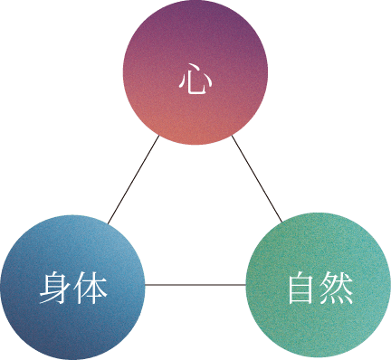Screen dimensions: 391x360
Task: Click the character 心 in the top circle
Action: [x=195, y=81]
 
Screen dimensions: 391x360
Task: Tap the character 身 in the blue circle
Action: [x=55, y=289]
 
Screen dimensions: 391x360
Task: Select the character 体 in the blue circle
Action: [x=91, y=289]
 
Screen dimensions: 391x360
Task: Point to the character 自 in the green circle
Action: [x=301, y=289]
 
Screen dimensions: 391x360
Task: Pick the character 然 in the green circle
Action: [x=336, y=289]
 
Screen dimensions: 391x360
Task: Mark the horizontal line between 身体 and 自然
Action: [x=195, y=285]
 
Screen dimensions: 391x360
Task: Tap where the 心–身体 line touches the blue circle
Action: [x=109, y=223]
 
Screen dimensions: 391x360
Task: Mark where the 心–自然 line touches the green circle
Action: [x=281, y=222]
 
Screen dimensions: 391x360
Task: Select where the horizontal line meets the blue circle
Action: [x=146, y=285]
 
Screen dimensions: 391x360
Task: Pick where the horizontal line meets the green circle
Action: [x=246, y=285]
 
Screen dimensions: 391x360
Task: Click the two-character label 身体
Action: [x=73, y=289]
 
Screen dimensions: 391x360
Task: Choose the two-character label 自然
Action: [x=319, y=289]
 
